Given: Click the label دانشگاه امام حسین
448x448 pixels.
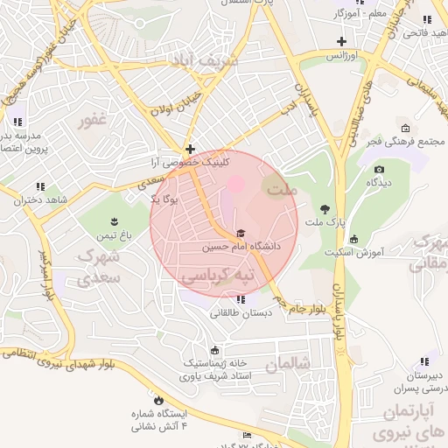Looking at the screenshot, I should [241, 248].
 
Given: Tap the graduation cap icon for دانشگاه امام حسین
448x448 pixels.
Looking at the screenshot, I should [241, 234].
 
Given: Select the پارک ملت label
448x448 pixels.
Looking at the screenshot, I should [325, 224].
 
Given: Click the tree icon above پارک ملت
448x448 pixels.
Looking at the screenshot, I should [325, 209].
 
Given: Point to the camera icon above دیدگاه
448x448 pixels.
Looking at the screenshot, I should [378, 170].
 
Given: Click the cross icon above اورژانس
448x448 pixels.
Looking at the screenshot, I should [341, 41].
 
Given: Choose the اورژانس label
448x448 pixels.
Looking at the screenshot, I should [343, 55].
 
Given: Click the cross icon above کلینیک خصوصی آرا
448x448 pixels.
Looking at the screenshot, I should [189, 150].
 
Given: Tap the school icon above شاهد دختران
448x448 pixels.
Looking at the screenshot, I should [40, 186].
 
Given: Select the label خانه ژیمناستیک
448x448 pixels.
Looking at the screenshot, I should [215, 363].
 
